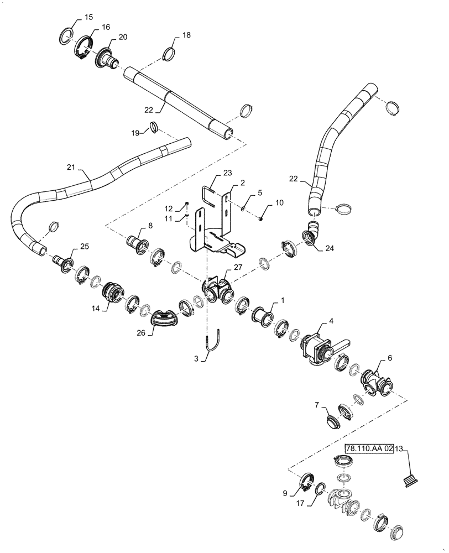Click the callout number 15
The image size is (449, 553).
pyautogui.click(x=88, y=18)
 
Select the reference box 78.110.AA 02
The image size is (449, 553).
pyautogui.click(x=369, y=449)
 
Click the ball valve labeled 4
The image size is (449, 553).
pyautogui.click(x=318, y=347)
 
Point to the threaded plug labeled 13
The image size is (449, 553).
pyautogui.click(x=410, y=481)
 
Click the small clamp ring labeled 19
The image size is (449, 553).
pyautogui.click(x=154, y=129)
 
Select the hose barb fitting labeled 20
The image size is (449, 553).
pyautogui.click(x=107, y=58)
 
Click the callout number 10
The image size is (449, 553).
pyautogui.click(x=279, y=204)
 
